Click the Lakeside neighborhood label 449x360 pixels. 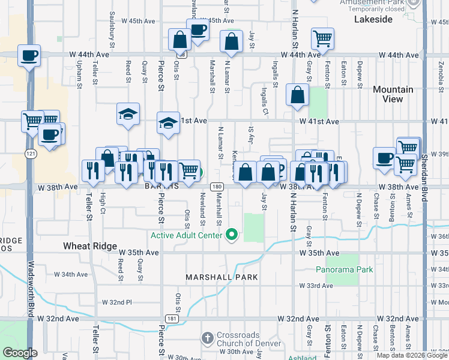coord(373,19)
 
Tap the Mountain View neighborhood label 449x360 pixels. coord(393,94)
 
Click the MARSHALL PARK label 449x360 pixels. coord(221,277)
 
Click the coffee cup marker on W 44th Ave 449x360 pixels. coord(29,56)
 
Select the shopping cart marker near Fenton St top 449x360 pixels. coord(322,39)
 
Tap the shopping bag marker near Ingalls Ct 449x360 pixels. coord(297,95)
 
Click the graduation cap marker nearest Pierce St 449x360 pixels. coord(168,124)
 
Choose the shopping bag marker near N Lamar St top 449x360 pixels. coord(231,41)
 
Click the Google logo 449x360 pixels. coord(20,352)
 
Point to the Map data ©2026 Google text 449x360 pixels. coord(412,355)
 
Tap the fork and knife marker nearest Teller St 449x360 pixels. coord(92,170)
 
